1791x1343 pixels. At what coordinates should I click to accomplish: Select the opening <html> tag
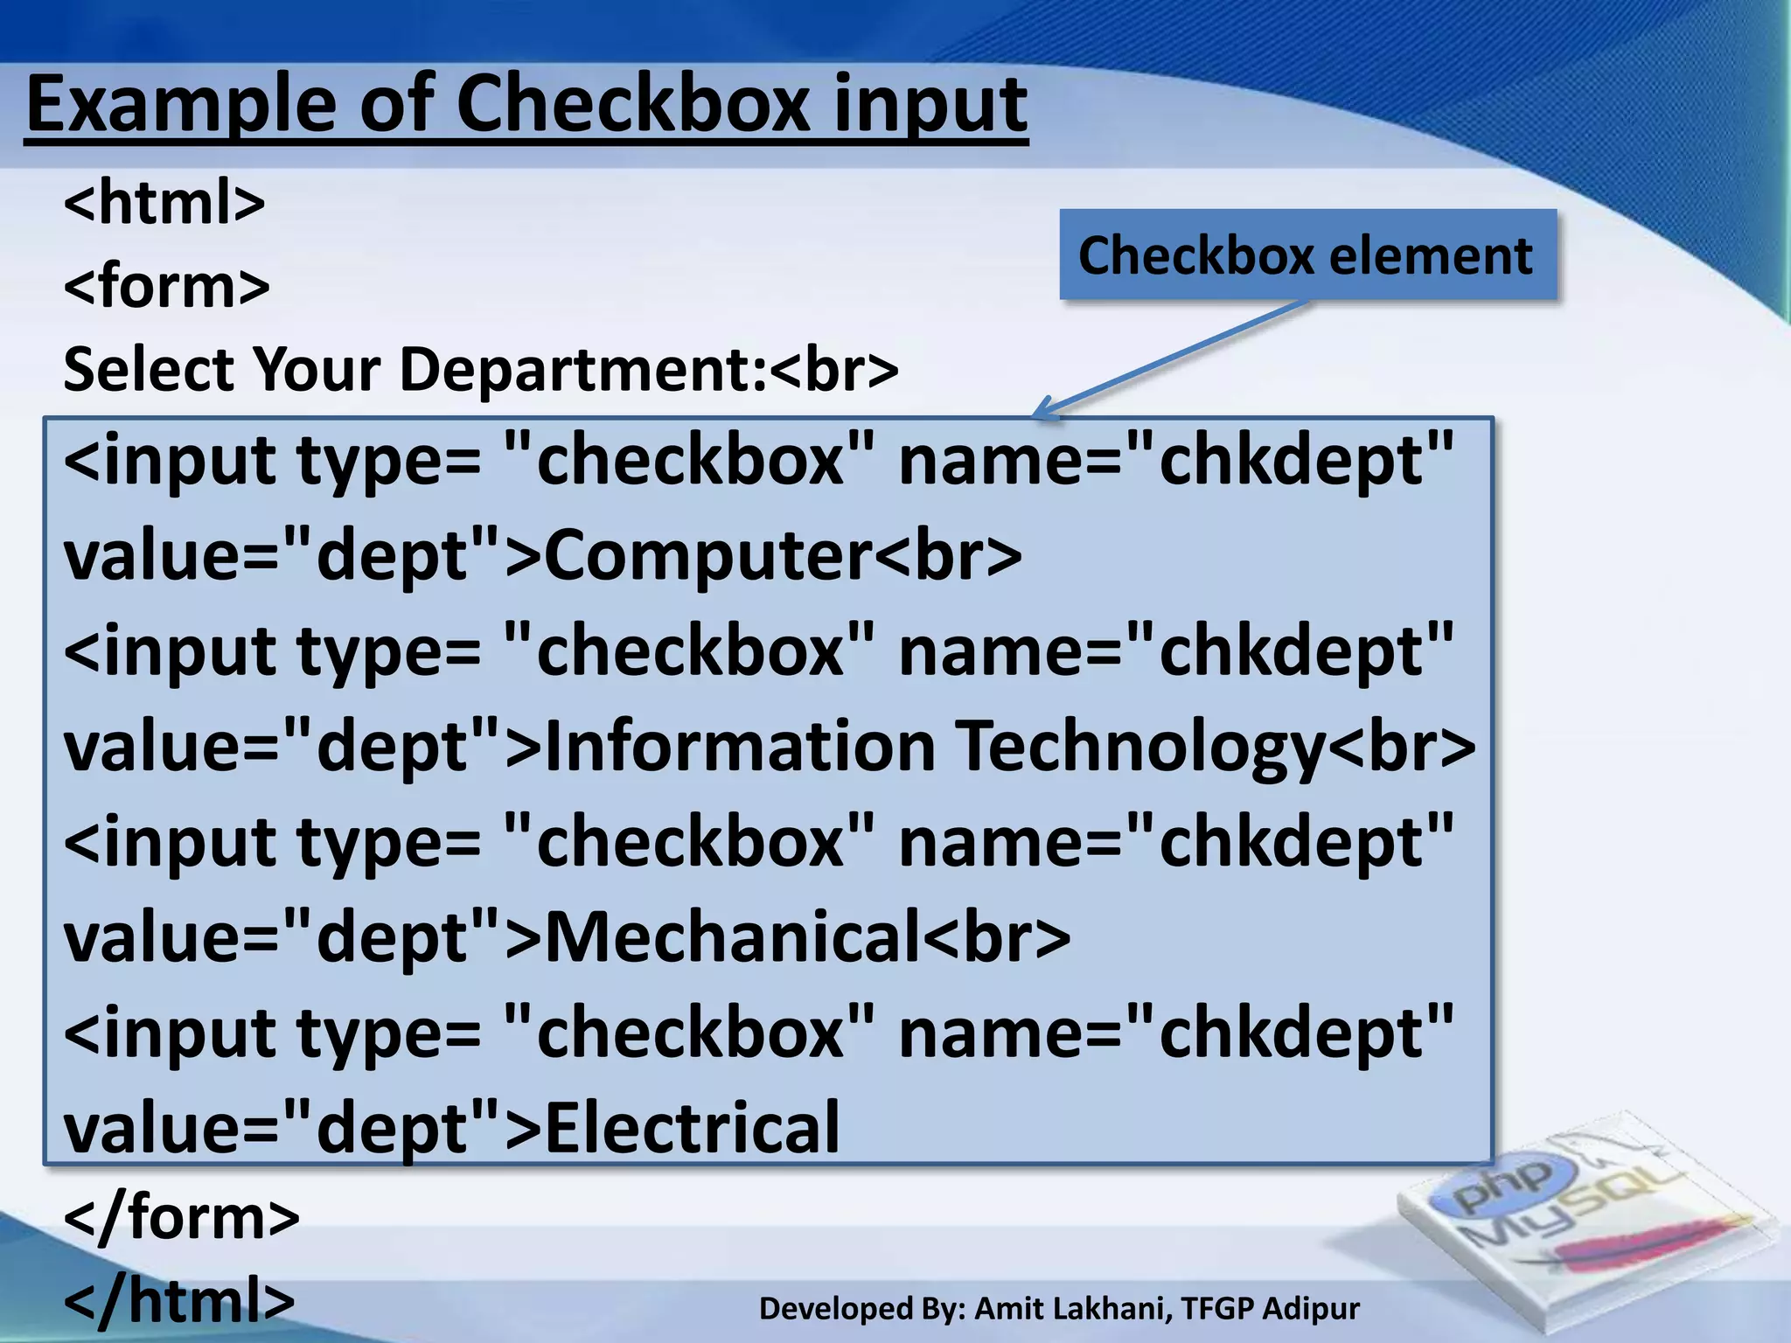click(x=164, y=203)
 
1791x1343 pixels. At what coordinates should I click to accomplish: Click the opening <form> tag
click(x=167, y=286)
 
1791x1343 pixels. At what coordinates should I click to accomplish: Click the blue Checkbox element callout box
click(x=1307, y=255)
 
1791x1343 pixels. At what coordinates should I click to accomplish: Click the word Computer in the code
click(x=708, y=556)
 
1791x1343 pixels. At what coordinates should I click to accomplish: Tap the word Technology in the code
click(x=1141, y=748)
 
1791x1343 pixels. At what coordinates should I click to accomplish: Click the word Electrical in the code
click(x=692, y=1128)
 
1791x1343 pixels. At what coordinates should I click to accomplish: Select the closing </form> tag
click(x=182, y=1217)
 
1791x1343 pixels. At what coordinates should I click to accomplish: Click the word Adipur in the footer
click(x=1312, y=1309)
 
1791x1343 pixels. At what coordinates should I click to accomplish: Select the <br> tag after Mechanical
click(x=997, y=937)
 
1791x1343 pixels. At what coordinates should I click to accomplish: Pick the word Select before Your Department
click(x=148, y=369)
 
